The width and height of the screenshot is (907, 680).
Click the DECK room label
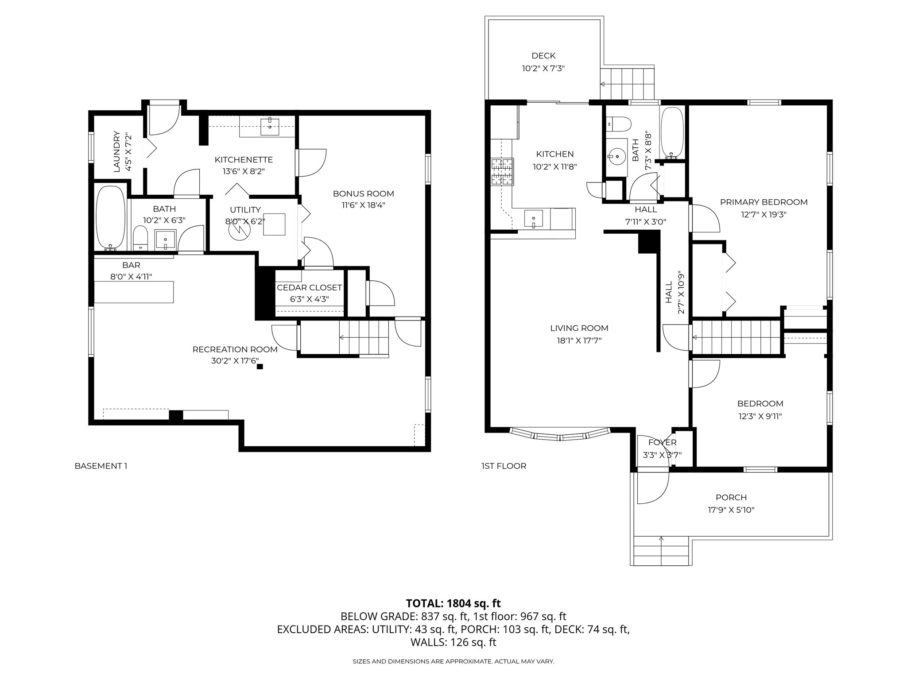point(543,56)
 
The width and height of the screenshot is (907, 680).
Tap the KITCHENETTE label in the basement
point(244,160)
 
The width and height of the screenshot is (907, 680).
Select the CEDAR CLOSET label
point(309,288)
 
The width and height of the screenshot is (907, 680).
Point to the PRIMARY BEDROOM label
point(764,202)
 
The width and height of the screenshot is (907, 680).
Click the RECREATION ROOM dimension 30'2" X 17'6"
point(235,361)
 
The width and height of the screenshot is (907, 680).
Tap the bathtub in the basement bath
point(110,218)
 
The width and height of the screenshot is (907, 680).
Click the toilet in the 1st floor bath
point(618,123)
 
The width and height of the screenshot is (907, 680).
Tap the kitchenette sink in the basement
point(270,126)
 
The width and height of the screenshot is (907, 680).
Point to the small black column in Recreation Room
point(260,367)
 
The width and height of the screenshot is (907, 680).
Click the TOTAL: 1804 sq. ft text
point(453,603)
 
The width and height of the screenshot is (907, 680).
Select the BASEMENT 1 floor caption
point(101,466)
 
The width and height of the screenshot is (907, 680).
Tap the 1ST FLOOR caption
point(504,466)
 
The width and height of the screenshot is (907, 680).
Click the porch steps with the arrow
point(661,550)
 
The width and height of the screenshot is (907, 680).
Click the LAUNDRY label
point(117,151)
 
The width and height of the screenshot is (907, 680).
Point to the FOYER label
point(663,442)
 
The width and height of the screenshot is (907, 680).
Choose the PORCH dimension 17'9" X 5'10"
point(731,510)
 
